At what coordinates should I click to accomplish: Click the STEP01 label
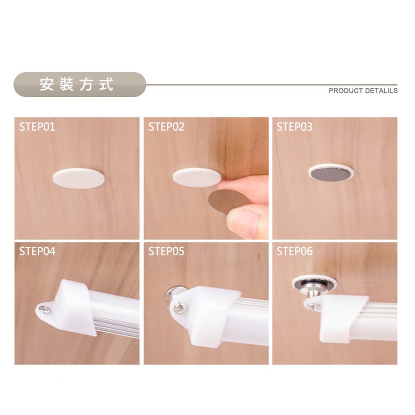[x=37, y=127]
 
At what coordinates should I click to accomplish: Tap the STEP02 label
[x=166, y=127]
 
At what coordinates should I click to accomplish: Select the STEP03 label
[x=294, y=127]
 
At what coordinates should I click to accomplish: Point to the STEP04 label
[x=37, y=251]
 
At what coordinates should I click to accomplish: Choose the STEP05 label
[x=166, y=251]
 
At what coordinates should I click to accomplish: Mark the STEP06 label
[x=294, y=251]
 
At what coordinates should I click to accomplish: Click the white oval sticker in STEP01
[x=79, y=178]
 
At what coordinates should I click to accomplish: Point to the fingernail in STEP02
[x=243, y=220]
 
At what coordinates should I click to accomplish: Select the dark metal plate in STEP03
[x=330, y=173]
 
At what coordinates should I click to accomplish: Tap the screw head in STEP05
[x=180, y=308]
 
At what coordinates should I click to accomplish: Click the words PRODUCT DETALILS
[x=363, y=90]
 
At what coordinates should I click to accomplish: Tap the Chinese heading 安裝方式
[x=76, y=84]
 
